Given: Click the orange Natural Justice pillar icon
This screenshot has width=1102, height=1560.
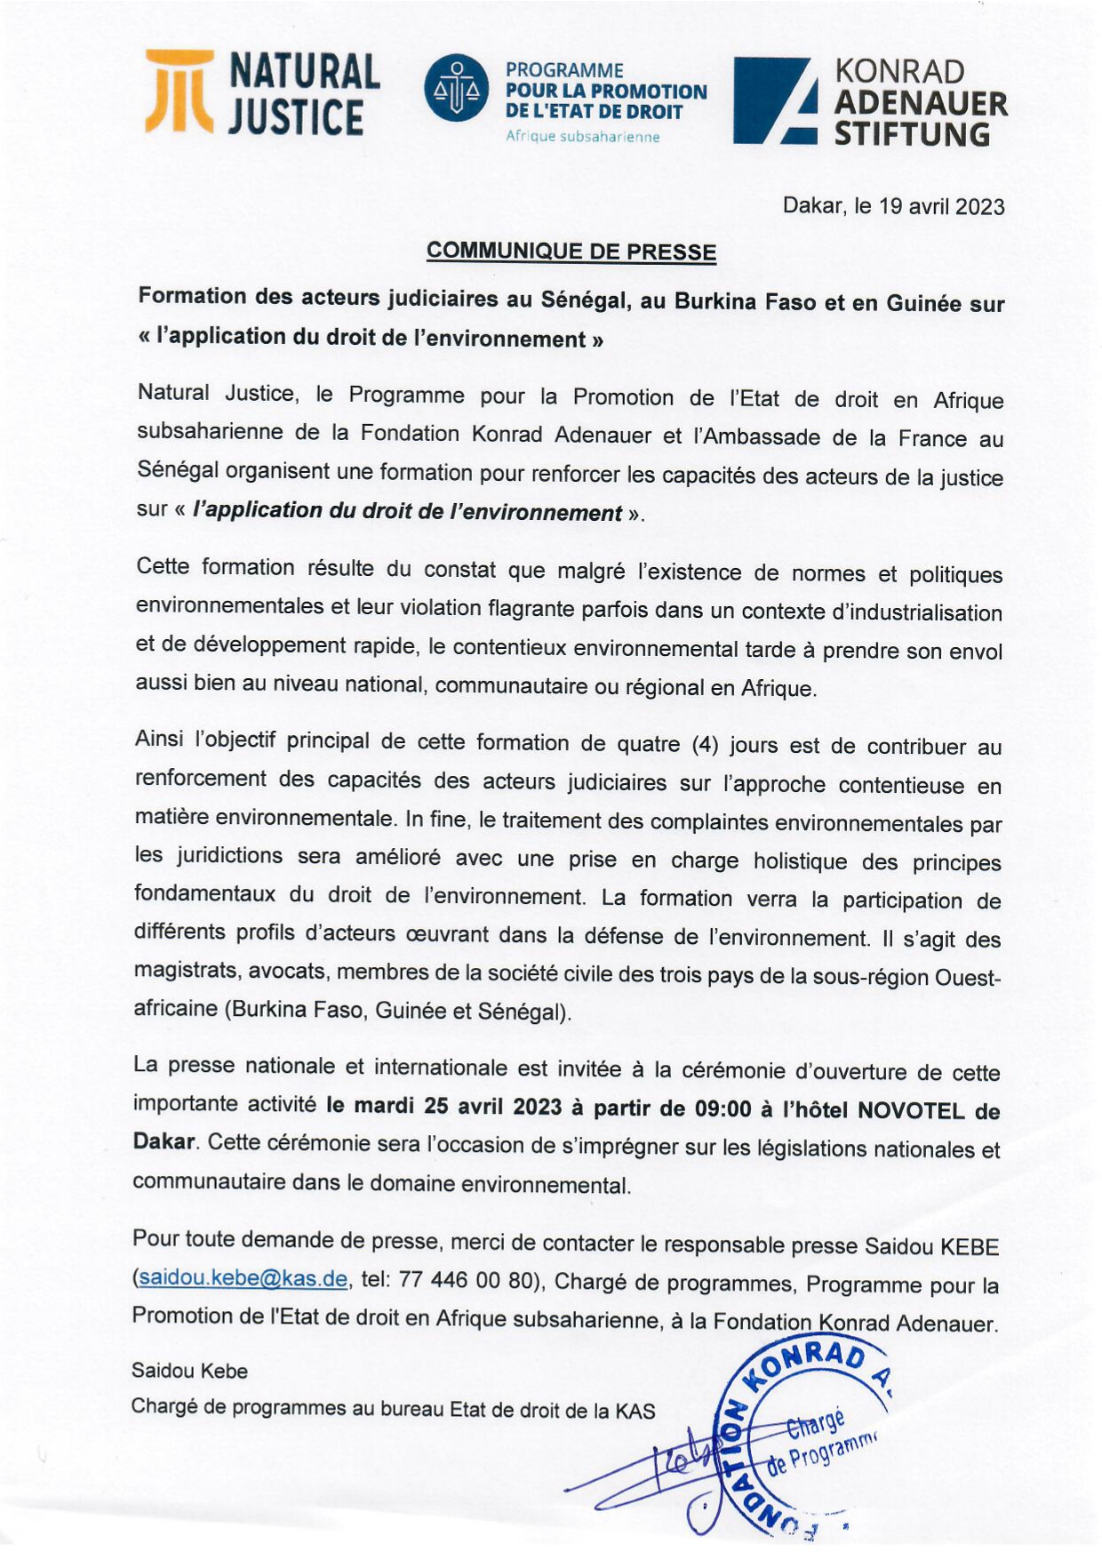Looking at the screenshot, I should click(x=180, y=92).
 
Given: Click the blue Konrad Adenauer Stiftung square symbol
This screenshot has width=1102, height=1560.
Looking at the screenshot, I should click(x=774, y=100).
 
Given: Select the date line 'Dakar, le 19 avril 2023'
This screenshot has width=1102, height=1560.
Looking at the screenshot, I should click(x=893, y=206).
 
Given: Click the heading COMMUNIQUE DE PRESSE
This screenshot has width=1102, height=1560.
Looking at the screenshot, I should click(x=571, y=252).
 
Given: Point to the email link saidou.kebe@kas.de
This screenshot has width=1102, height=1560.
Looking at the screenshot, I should click(x=243, y=1278).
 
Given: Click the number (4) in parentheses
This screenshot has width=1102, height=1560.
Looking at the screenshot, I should click(x=705, y=744).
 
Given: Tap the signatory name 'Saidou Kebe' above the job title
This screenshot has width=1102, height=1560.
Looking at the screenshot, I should click(x=189, y=1370).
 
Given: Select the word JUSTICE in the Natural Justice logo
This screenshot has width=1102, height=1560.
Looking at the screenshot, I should click(x=295, y=118).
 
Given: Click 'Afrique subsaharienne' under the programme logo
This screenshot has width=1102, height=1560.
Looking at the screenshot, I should click(x=582, y=137).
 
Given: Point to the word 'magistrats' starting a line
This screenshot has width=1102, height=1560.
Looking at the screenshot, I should click(x=185, y=970).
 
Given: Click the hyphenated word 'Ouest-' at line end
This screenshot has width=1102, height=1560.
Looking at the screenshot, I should click(x=967, y=977).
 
